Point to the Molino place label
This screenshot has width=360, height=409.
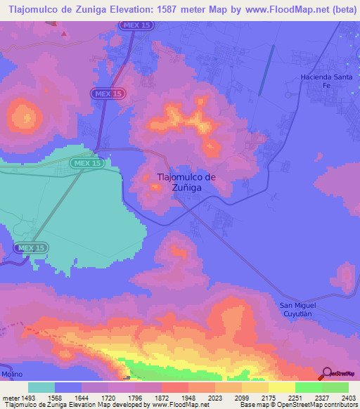[11, 376]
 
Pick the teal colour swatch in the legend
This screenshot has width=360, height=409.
[41, 387]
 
